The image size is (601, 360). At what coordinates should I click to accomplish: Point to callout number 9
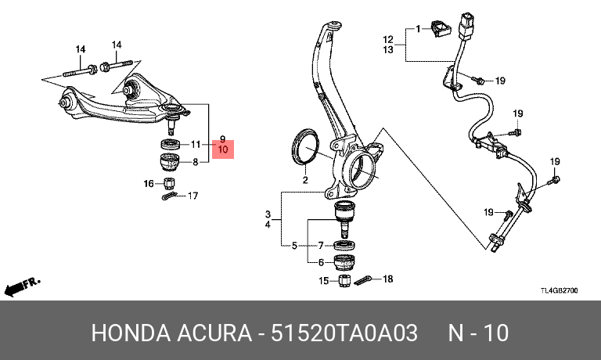coord(222,138)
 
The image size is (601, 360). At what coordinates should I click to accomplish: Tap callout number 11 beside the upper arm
coord(196,144)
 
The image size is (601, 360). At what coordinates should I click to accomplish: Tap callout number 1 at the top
coord(418,29)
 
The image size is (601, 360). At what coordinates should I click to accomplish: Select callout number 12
coord(387,39)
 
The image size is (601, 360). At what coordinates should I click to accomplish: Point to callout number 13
coord(387,50)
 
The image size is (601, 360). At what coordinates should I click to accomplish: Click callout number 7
coord(320,246)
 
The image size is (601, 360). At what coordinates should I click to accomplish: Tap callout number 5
coord(294,246)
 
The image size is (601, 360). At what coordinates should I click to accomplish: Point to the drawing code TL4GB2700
coord(559,290)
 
